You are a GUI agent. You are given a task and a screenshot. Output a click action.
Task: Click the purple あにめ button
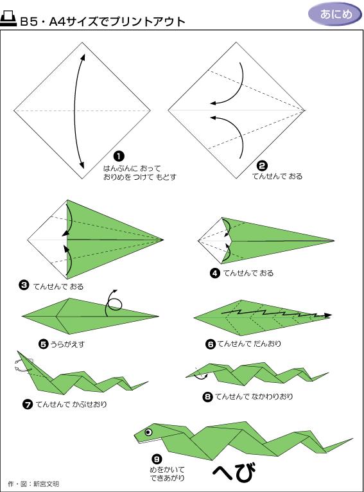(335, 13)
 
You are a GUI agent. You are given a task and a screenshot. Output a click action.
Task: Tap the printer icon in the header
(8, 19)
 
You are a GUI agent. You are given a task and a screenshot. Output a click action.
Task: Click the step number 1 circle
(119, 156)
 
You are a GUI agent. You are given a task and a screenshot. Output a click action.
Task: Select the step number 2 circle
(262, 166)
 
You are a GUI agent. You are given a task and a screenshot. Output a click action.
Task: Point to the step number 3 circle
(24, 285)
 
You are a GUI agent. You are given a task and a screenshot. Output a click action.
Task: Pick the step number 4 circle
(215, 273)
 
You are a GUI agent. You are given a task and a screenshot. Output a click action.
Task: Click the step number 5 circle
(43, 344)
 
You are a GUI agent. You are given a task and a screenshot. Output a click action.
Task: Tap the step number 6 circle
(211, 344)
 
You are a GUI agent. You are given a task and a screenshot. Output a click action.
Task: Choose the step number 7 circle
(28, 404)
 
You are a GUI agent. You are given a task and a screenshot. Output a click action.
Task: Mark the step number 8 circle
(207, 397)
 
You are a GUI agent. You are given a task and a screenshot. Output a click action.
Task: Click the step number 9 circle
(157, 459)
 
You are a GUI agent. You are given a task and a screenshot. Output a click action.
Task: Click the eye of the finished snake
(148, 432)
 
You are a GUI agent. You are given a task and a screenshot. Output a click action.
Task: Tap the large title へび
(234, 472)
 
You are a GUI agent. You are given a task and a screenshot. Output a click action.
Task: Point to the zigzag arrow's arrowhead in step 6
(327, 315)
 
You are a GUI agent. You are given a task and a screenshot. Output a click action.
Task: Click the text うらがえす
(67, 344)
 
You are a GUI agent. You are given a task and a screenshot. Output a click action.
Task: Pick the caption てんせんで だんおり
(249, 344)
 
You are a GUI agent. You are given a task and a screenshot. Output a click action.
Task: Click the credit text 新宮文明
(46, 484)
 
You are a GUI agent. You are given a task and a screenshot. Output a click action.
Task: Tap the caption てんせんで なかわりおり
(254, 396)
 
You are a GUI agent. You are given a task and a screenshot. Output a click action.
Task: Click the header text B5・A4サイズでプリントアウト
(103, 21)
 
